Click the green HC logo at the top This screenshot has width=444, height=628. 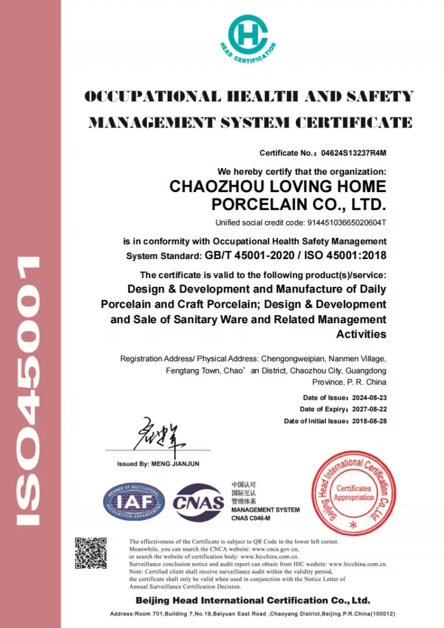[247, 34]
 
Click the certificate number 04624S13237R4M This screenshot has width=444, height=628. [353, 153]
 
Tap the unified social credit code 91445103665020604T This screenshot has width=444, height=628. [341, 223]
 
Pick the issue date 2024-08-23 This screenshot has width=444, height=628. [369, 398]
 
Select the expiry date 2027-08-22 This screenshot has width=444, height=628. [369, 409]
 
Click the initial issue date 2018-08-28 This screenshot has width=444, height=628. [369, 421]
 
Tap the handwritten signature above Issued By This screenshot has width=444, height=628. [160, 434]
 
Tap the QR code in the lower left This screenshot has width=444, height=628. [91, 553]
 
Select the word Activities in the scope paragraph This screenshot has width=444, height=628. [361, 334]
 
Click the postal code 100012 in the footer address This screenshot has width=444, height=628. [382, 614]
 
